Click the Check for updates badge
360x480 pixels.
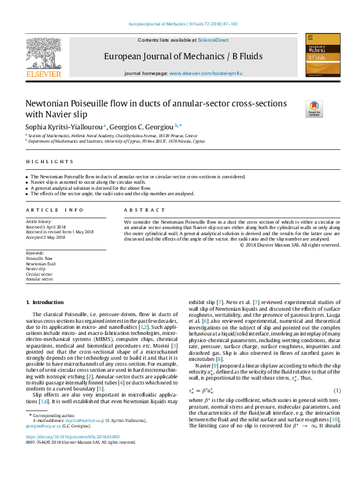[314, 109]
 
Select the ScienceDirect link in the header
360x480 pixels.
[214, 39]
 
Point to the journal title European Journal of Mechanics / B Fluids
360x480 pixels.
[183, 56]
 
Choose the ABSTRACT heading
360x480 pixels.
[144, 210]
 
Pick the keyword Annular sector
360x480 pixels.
[39, 279]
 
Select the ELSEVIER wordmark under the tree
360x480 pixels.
[44, 74]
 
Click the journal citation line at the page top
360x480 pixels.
[183, 24]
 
